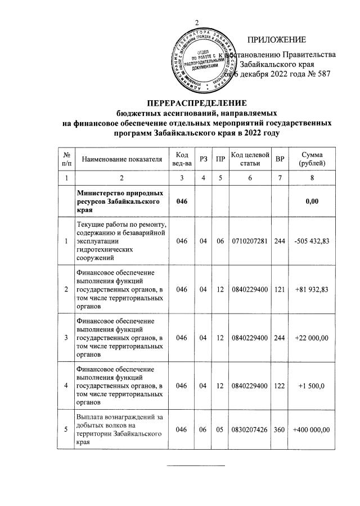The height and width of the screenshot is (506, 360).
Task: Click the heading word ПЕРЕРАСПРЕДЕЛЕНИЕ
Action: (197, 103)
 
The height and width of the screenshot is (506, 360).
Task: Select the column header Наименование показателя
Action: (122, 160)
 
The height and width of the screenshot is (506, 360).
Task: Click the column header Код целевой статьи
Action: (250, 159)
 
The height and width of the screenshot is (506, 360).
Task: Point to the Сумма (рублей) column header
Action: (315, 159)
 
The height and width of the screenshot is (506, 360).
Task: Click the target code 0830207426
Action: (250, 430)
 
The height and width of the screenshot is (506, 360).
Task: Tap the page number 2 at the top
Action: (197, 23)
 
